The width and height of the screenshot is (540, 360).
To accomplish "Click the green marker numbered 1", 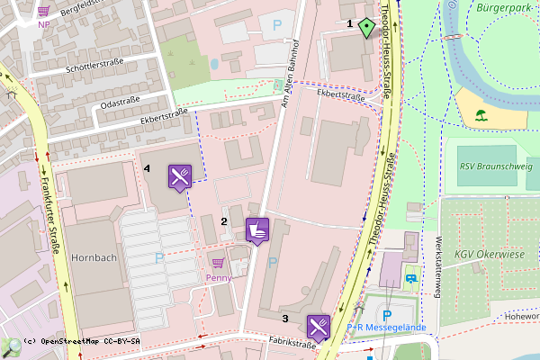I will pyautogui.click(x=365, y=27).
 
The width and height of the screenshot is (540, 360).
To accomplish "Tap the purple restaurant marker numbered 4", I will pyautogui.click(x=179, y=176).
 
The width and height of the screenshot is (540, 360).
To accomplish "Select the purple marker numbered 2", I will pyautogui.click(x=257, y=230).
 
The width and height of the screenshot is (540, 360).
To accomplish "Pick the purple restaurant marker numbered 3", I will pyautogui.click(x=319, y=326).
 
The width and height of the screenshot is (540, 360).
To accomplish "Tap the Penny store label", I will pyautogui.click(x=219, y=277).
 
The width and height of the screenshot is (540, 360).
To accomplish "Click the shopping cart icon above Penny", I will pyautogui.click(x=218, y=263).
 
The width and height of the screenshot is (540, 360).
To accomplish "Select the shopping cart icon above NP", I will pyautogui.click(x=44, y=11).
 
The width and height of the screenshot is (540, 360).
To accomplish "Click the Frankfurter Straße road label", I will pyautogui.click(x=49, y=217).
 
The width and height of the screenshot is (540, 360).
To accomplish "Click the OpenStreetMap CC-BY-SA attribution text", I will pyautogui.click(x=82, y=342).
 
